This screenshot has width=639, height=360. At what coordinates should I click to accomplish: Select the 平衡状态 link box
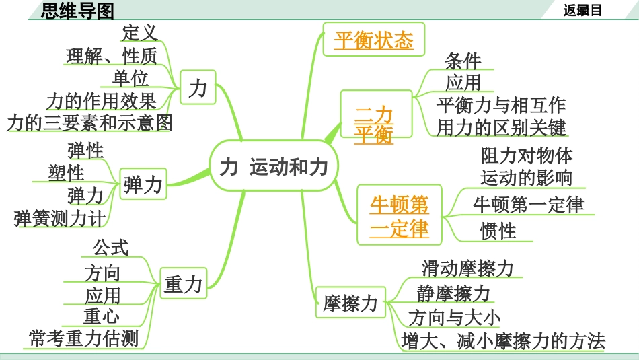[x=373, y=41]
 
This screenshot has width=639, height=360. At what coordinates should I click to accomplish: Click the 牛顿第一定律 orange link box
[x=399, y=216]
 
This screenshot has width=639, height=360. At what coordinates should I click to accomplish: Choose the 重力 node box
[x=183, y=284]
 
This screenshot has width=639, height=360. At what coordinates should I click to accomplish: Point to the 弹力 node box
[x=143, y=185]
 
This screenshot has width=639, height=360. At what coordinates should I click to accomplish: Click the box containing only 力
[x=197, y=88]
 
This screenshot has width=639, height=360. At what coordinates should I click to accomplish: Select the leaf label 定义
[x=140, y=32]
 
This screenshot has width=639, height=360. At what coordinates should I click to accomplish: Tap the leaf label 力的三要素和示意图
[x=89, y=122]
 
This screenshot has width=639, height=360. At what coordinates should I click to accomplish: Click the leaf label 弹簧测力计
[x=59, y=218]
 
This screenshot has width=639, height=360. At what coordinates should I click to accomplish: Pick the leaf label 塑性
[x=67, y=173]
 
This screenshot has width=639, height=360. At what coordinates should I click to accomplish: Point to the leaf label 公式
[x=110, y=247]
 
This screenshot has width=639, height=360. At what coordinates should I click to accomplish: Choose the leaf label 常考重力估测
[x=83, y=338]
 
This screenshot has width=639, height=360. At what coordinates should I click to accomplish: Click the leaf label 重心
[x=102, y=316]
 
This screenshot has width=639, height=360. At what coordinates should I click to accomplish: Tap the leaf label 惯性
[x=498, y=231]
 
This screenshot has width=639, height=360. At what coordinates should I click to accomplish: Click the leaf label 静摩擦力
[x=453, y=293]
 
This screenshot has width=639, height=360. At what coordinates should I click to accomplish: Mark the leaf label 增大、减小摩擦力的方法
[x=503, y=340]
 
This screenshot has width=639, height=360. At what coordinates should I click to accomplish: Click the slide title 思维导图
[x=78, y=10]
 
